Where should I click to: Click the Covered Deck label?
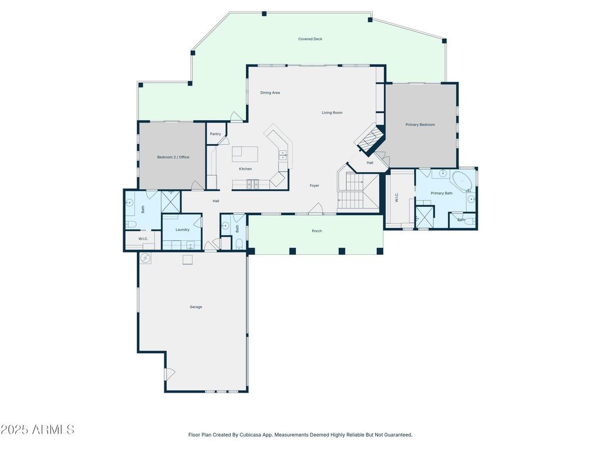(310, 39)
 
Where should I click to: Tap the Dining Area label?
(270, 93)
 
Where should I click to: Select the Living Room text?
(332, 112)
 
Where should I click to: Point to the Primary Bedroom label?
(420, 125)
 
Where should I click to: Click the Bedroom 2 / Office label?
(173, 157)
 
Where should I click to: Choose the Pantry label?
(215, 134)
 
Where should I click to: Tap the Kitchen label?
(245, 169)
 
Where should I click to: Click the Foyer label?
(315, 186)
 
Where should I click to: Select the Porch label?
(316, 231)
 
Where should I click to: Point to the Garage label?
(196, 307)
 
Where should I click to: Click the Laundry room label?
(183, 230)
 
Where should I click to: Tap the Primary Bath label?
(441, 193)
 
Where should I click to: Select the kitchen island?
(245, 154)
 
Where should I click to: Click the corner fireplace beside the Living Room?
(369, 139)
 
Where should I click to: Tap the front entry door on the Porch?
(316, 209)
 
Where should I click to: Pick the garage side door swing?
(170, 374)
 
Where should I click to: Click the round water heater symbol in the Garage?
(146, 258)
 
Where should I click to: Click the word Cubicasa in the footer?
(250, 435)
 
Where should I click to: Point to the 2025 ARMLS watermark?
(37, 429)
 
